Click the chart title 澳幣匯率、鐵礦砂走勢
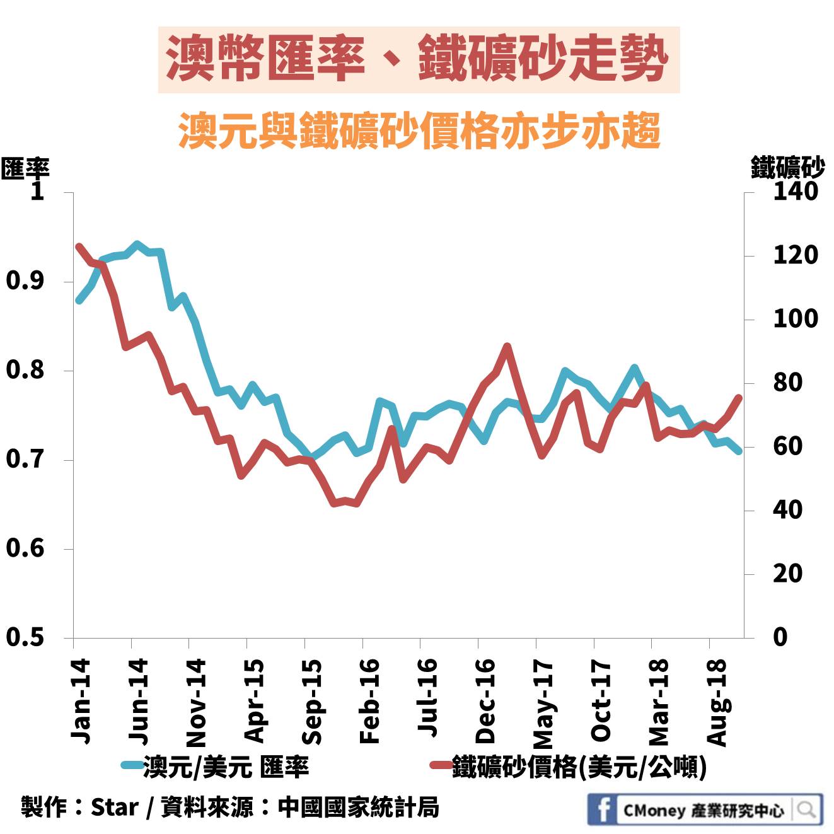418,60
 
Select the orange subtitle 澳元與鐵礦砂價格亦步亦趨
419,131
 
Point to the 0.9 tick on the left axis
26,281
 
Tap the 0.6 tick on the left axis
26,548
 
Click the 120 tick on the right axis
795,255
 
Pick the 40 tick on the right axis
787,509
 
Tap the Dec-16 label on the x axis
486,701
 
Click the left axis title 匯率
25,168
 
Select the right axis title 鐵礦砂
787,168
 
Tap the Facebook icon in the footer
603,809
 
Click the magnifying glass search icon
806,809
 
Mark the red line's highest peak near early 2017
507,346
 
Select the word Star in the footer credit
114,807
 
